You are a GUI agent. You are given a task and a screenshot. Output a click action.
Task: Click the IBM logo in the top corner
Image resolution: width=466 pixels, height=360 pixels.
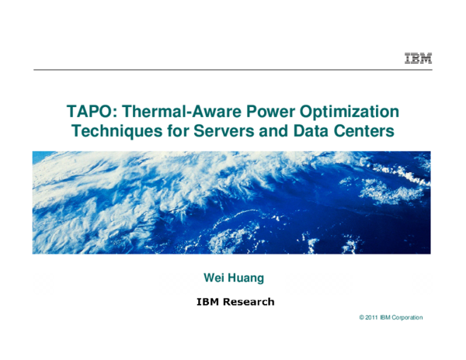click(418, 58)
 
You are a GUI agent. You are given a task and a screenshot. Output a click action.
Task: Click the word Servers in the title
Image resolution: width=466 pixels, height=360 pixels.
click(218, 132)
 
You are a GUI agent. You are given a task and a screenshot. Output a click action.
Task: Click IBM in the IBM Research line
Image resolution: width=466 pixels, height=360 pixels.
click(206, 302)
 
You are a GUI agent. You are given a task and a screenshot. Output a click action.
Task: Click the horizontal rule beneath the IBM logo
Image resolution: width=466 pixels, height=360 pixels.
click(233, 70)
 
